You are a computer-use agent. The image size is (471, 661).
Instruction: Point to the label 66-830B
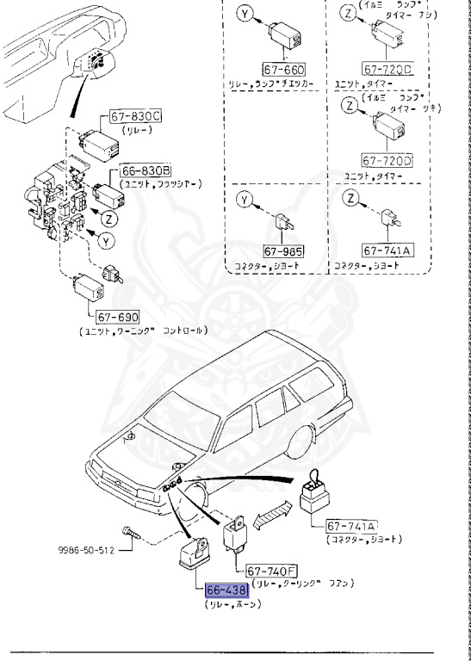pyautogui.click(x=146, y=171)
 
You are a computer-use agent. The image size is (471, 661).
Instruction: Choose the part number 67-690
pyautogui.click(x=117, y=316)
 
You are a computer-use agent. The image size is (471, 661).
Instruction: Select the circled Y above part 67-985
pyautogui.click(x=245, y=200)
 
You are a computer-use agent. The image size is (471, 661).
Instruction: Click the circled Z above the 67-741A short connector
pyautogui.click(x=350, y=200)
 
